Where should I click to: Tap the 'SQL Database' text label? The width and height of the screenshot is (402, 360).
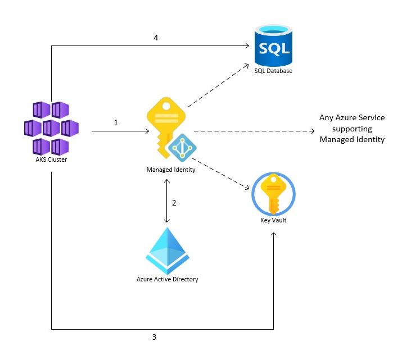(x=273, y=71)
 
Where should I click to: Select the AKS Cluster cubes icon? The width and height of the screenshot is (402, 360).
(x=51, y=128)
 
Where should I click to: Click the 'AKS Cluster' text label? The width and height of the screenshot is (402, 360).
(x=51, y=160)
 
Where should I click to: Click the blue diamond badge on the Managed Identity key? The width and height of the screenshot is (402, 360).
(x=182, y=148)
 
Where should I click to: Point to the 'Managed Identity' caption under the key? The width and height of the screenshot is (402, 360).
(x=171, y=170)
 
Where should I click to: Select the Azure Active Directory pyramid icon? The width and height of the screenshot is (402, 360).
(x=167, y=250)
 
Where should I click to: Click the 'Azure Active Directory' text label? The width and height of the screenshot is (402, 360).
(x=168, y=279)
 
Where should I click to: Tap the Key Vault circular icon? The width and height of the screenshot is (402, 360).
(x=273, y=194)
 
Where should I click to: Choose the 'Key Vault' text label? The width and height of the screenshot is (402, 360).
(x=273, y=221)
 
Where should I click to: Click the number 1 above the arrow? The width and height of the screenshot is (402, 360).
(x=116, y=122)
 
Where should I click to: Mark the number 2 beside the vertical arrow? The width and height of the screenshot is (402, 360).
(x=174, y=203)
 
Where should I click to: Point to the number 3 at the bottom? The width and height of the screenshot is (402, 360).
(x=154, y=338)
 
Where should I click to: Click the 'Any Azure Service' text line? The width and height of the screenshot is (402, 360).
(x=352, y=118)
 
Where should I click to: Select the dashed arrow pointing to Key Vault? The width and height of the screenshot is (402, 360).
(x=225, y=174)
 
